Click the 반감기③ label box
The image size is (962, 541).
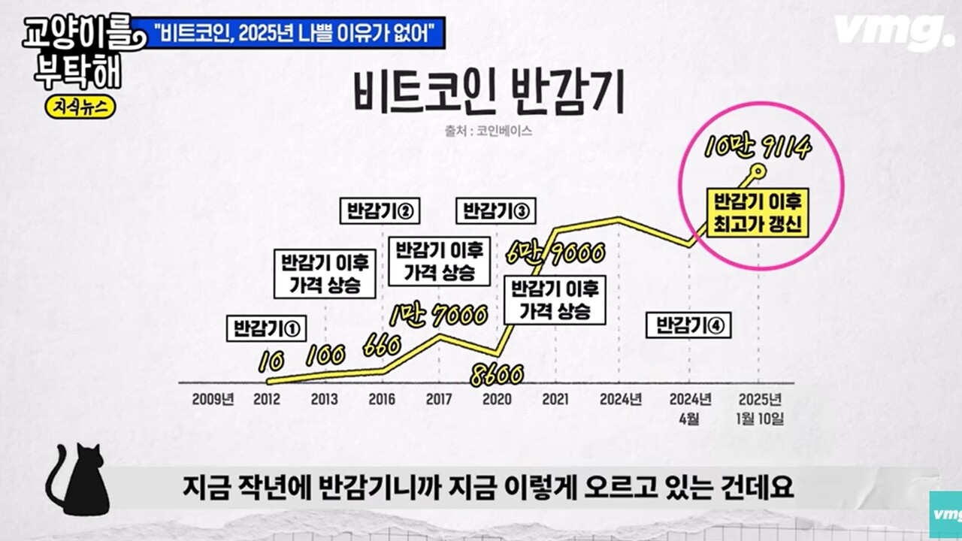coord(496,211)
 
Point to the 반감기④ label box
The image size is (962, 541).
coord(688,325)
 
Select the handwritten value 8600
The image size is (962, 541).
coord(496,373)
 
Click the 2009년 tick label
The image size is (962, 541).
coord(212,399)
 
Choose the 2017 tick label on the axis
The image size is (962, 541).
coord(439,399)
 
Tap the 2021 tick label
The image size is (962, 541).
coord(555,399)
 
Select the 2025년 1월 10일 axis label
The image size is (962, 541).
coord(761,408)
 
